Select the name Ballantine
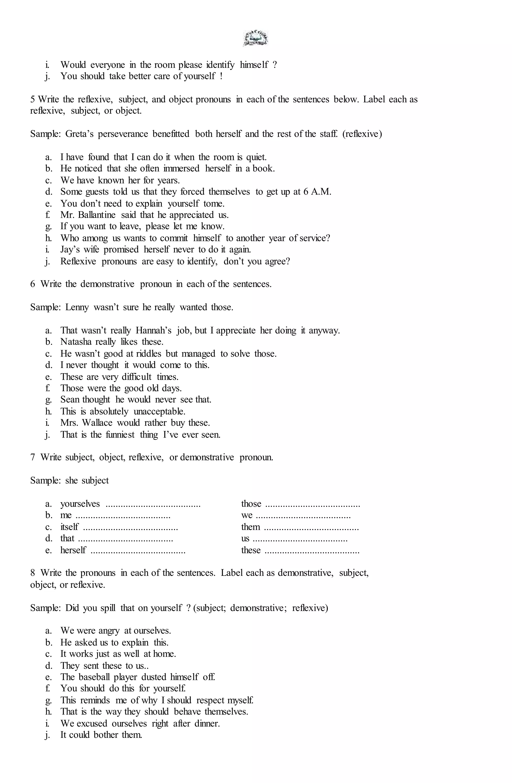[x=97, y=215]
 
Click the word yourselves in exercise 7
[x=80, y=504]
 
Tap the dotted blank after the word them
[x=311, y=527]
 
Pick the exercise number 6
[x=32, y=284]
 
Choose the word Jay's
[x=69, y=249]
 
